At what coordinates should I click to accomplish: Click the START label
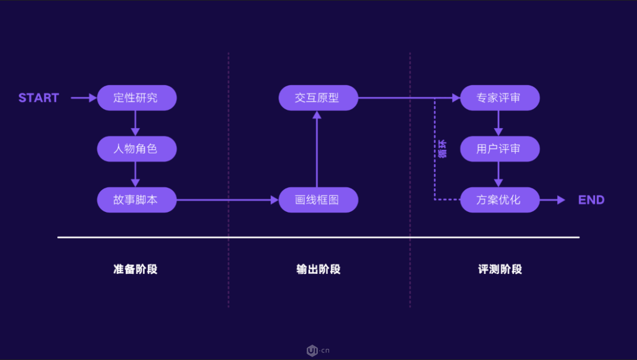[39, 98]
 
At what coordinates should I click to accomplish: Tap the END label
[591, 200]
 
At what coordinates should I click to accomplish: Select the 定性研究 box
[137, 98]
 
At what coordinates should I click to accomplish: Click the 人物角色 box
[137, 149]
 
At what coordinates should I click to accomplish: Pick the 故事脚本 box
[137, 200]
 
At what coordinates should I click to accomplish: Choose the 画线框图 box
[318, 200]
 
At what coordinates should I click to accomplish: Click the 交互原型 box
[318, 98]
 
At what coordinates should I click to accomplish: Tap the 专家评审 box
[499, 98]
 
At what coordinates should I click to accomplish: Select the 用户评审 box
[499, 149]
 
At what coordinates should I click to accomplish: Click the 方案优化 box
[499, 200]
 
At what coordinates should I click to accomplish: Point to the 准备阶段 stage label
[136, 269]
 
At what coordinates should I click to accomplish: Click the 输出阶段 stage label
[318, 269]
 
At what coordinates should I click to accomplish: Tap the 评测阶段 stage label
[500, 269]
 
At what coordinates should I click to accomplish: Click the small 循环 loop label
[443, 149]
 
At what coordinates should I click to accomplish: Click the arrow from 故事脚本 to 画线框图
[227, 200]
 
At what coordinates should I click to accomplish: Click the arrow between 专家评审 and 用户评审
[499, 123]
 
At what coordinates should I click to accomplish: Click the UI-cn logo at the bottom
[318, 351]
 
